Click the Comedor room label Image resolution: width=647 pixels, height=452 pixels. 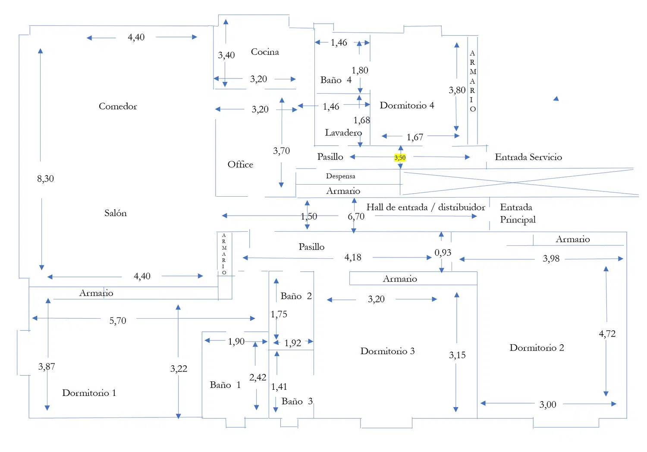[118, 106]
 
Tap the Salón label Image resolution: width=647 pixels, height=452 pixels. [116, 213]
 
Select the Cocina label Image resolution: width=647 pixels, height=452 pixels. [265, 52]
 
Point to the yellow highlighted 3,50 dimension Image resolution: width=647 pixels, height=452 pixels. [400, 158]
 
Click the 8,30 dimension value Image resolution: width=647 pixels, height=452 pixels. [45, 179]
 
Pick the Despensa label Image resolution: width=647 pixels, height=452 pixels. [340, 176]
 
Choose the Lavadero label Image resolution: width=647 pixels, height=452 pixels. [343, 132]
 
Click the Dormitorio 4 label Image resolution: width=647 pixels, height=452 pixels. [407, 105]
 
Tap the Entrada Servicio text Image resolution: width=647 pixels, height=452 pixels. [528, 157]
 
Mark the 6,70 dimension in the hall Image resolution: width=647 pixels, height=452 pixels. [356, 216]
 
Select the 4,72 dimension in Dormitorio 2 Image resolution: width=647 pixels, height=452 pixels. [607, 333]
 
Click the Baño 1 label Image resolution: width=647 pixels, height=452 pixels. [225, 385]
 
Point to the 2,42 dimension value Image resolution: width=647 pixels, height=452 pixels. [258, 377]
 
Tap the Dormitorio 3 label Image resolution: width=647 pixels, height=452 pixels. [387, 351]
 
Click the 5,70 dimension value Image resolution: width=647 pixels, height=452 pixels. [118, 320]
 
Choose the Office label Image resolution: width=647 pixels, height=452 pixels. [240, 164]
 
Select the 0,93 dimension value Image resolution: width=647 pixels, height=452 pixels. [443, 252]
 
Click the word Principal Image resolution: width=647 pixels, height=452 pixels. [518, 220]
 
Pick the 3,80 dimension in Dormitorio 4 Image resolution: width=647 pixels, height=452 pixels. [457, 90]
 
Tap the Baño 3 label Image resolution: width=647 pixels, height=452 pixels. [297, 401]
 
